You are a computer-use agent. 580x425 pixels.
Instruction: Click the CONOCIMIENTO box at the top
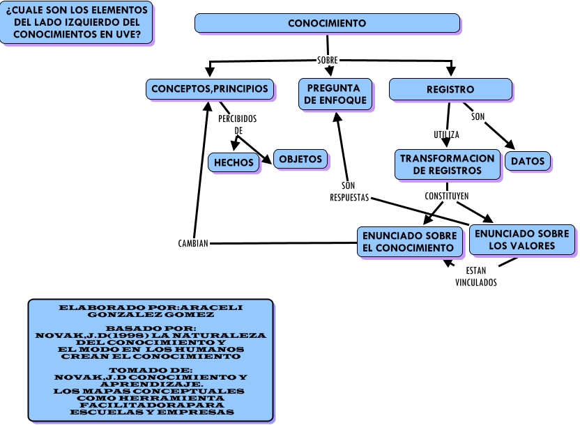(327, 23)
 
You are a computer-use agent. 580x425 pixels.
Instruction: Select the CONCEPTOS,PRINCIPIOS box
(210, 89)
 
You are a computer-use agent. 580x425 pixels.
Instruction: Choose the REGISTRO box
(450, 89)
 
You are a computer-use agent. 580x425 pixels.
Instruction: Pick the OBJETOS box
(300, 159)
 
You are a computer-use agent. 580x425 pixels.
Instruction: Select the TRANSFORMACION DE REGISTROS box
(447, 164)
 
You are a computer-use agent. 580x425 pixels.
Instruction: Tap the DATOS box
(528, 162)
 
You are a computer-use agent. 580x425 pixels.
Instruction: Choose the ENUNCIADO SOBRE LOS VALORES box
(521, 240)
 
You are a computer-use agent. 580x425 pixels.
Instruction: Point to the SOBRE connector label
(327, 61)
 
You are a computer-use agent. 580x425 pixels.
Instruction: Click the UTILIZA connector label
(446, 134)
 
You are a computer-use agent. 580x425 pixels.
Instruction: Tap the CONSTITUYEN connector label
(446, 196)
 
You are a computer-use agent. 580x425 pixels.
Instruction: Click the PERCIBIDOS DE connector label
(238, 124)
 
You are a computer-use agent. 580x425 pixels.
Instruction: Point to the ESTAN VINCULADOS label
(476, 277)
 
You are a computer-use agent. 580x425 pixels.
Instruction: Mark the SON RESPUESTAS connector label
(349, 192)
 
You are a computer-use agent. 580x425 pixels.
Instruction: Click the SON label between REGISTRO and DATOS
(478, 116)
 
